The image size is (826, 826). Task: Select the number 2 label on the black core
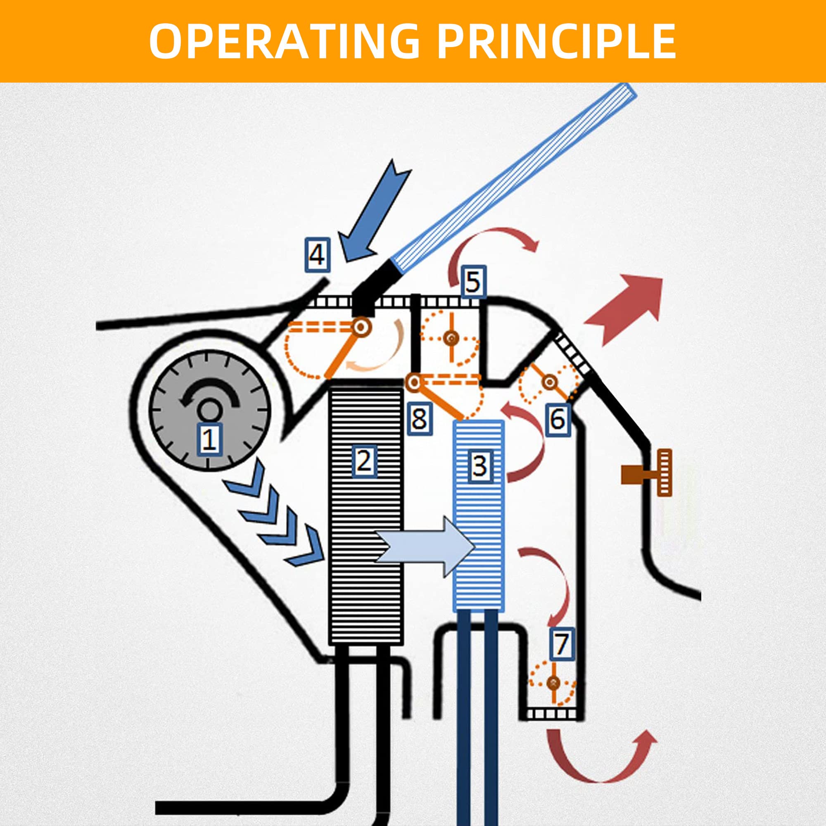click(363, 461)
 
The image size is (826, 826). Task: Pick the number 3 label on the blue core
click(478, 466)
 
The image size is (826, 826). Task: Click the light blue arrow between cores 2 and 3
click(427, 546)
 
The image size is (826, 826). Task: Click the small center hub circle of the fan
click(209, 411)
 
